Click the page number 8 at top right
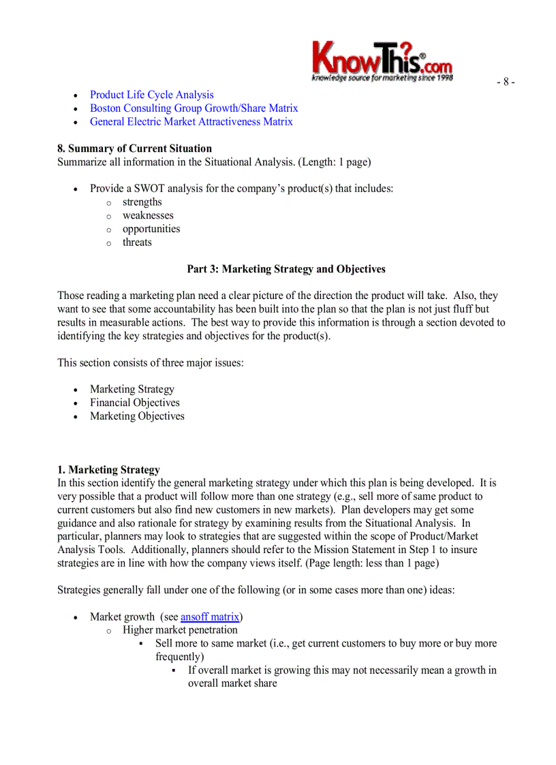point(505,82)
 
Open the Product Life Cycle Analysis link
point(151,95)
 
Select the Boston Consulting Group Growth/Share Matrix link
point(194,108)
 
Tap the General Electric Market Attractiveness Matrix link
point(191,122)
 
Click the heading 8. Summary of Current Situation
point(134,149)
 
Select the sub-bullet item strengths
point(142,202)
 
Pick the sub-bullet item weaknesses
point(148,216)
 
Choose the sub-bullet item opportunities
point(151,229)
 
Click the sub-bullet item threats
point(137,243)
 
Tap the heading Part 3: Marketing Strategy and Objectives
point(285,269)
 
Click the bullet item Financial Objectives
point(134,403)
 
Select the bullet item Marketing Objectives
point(137,416)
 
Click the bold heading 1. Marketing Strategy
point(108,470)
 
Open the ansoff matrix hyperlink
point(210,617)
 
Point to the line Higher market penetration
point(180,630)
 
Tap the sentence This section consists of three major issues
point(150,363)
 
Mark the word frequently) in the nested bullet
point(180,657)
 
